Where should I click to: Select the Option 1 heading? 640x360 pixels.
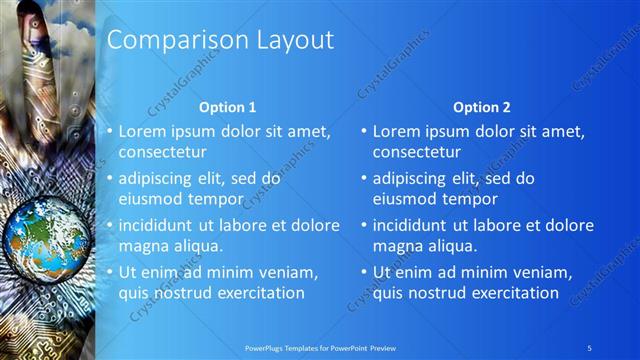tap(227, 107)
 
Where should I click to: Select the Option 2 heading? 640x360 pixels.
tap(481, 107)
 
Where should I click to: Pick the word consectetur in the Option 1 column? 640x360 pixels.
tap(163, 152)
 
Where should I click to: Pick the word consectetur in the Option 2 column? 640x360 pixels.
tap(417, 152)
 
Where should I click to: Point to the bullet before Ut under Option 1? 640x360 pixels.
tap(108, 272)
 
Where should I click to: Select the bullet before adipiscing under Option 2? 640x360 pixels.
tap(362, 179)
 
